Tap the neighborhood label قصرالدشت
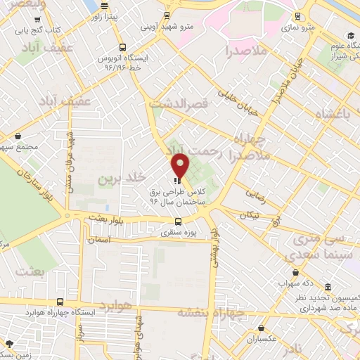click(x=179, y=103)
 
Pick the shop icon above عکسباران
click(x=262, y=328)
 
